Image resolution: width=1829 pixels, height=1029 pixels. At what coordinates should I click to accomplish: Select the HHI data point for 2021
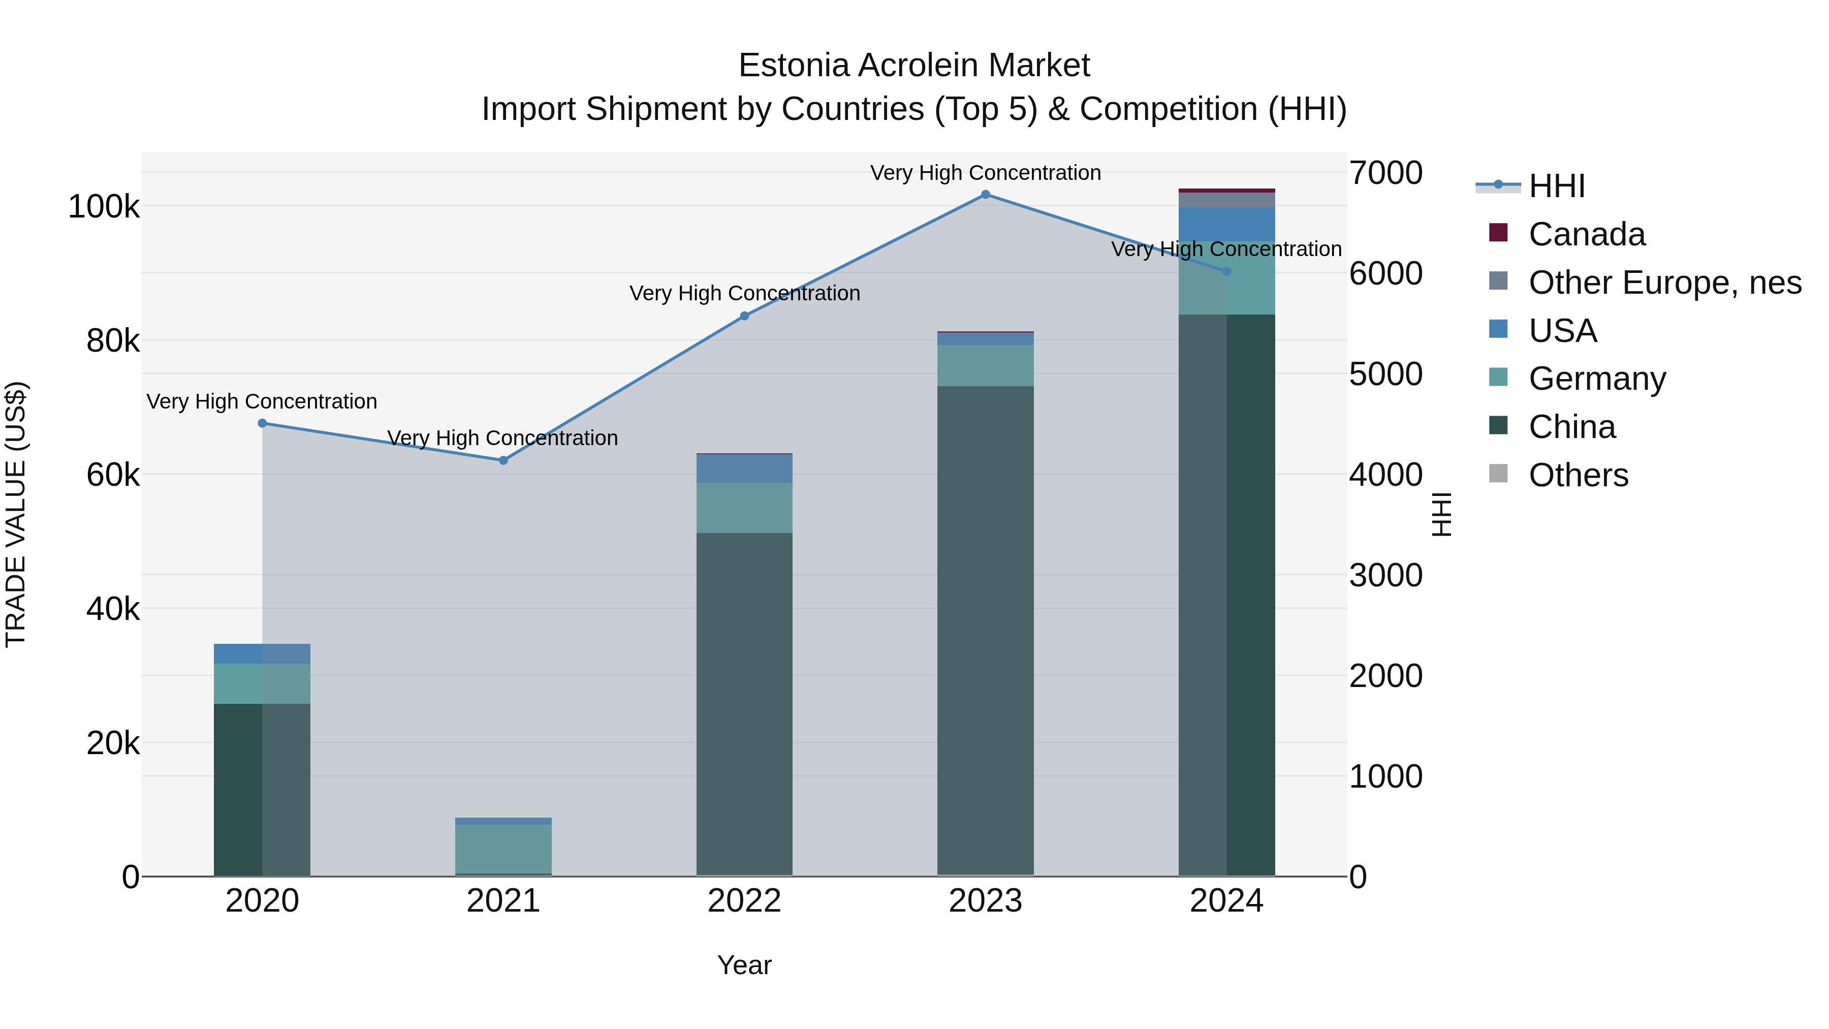point(503,460)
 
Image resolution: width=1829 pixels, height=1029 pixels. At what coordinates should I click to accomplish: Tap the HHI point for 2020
point(262,423)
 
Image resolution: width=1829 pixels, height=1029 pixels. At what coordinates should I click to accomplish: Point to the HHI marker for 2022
point(744,316)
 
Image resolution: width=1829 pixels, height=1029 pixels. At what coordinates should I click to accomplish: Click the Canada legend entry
point(1586,234)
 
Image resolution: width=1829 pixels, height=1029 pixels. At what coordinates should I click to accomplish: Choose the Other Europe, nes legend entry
point(1664,283)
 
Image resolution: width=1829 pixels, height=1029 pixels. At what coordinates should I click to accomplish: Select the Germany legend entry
point(1597,379)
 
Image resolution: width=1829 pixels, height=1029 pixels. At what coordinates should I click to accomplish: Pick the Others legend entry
point(1579,475)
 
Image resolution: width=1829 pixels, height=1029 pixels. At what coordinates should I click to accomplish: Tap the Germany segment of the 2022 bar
point(744,508)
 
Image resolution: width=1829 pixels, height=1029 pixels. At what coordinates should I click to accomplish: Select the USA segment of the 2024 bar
point(1226,225)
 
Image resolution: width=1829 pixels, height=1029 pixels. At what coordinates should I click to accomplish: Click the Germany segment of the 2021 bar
point(503,848)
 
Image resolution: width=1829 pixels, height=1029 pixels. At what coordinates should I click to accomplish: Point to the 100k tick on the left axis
point(104,207)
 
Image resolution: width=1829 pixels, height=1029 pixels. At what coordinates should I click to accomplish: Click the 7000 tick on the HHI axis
point(1386,173)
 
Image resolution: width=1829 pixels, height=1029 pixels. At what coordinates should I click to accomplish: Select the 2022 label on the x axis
point(744,901)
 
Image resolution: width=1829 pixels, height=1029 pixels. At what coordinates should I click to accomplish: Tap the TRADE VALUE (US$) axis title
point(16,514)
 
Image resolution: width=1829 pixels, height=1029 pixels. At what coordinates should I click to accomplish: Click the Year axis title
point(744,965)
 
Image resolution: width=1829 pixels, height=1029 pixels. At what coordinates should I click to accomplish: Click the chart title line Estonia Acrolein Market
point(914,66)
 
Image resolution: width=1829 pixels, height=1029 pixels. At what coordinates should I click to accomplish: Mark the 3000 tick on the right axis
point(1386,575)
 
